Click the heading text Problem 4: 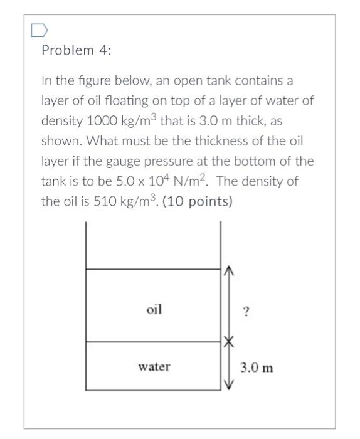pos(76,51)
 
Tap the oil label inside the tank pos(154,309)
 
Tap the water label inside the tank pos(154,367)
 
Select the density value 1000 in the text pos(93,121)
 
